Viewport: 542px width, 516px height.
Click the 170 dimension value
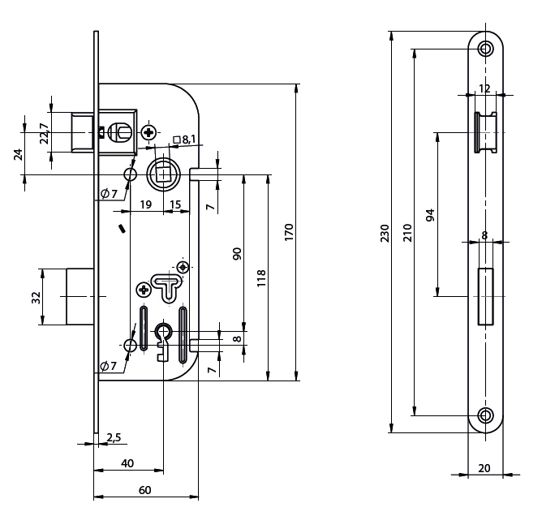click(289, 232)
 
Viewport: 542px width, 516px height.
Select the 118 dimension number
click(260, 278)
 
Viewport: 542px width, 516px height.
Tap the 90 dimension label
click(237, 253)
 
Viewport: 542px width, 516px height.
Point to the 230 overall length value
click(385, 233)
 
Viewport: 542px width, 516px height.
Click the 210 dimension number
click(407, 233)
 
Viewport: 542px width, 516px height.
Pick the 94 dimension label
click(430, 215)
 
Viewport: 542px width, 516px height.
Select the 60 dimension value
click(144, 490)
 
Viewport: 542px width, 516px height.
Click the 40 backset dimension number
click(127, 463)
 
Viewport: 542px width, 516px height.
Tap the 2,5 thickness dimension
click(114, 438)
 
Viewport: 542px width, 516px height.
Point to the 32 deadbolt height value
click(36, 297)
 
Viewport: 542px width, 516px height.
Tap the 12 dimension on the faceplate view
click(484, 88)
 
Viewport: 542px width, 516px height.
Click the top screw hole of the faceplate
click(485, 48)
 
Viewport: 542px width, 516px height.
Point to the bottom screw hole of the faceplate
click(485, 416)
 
